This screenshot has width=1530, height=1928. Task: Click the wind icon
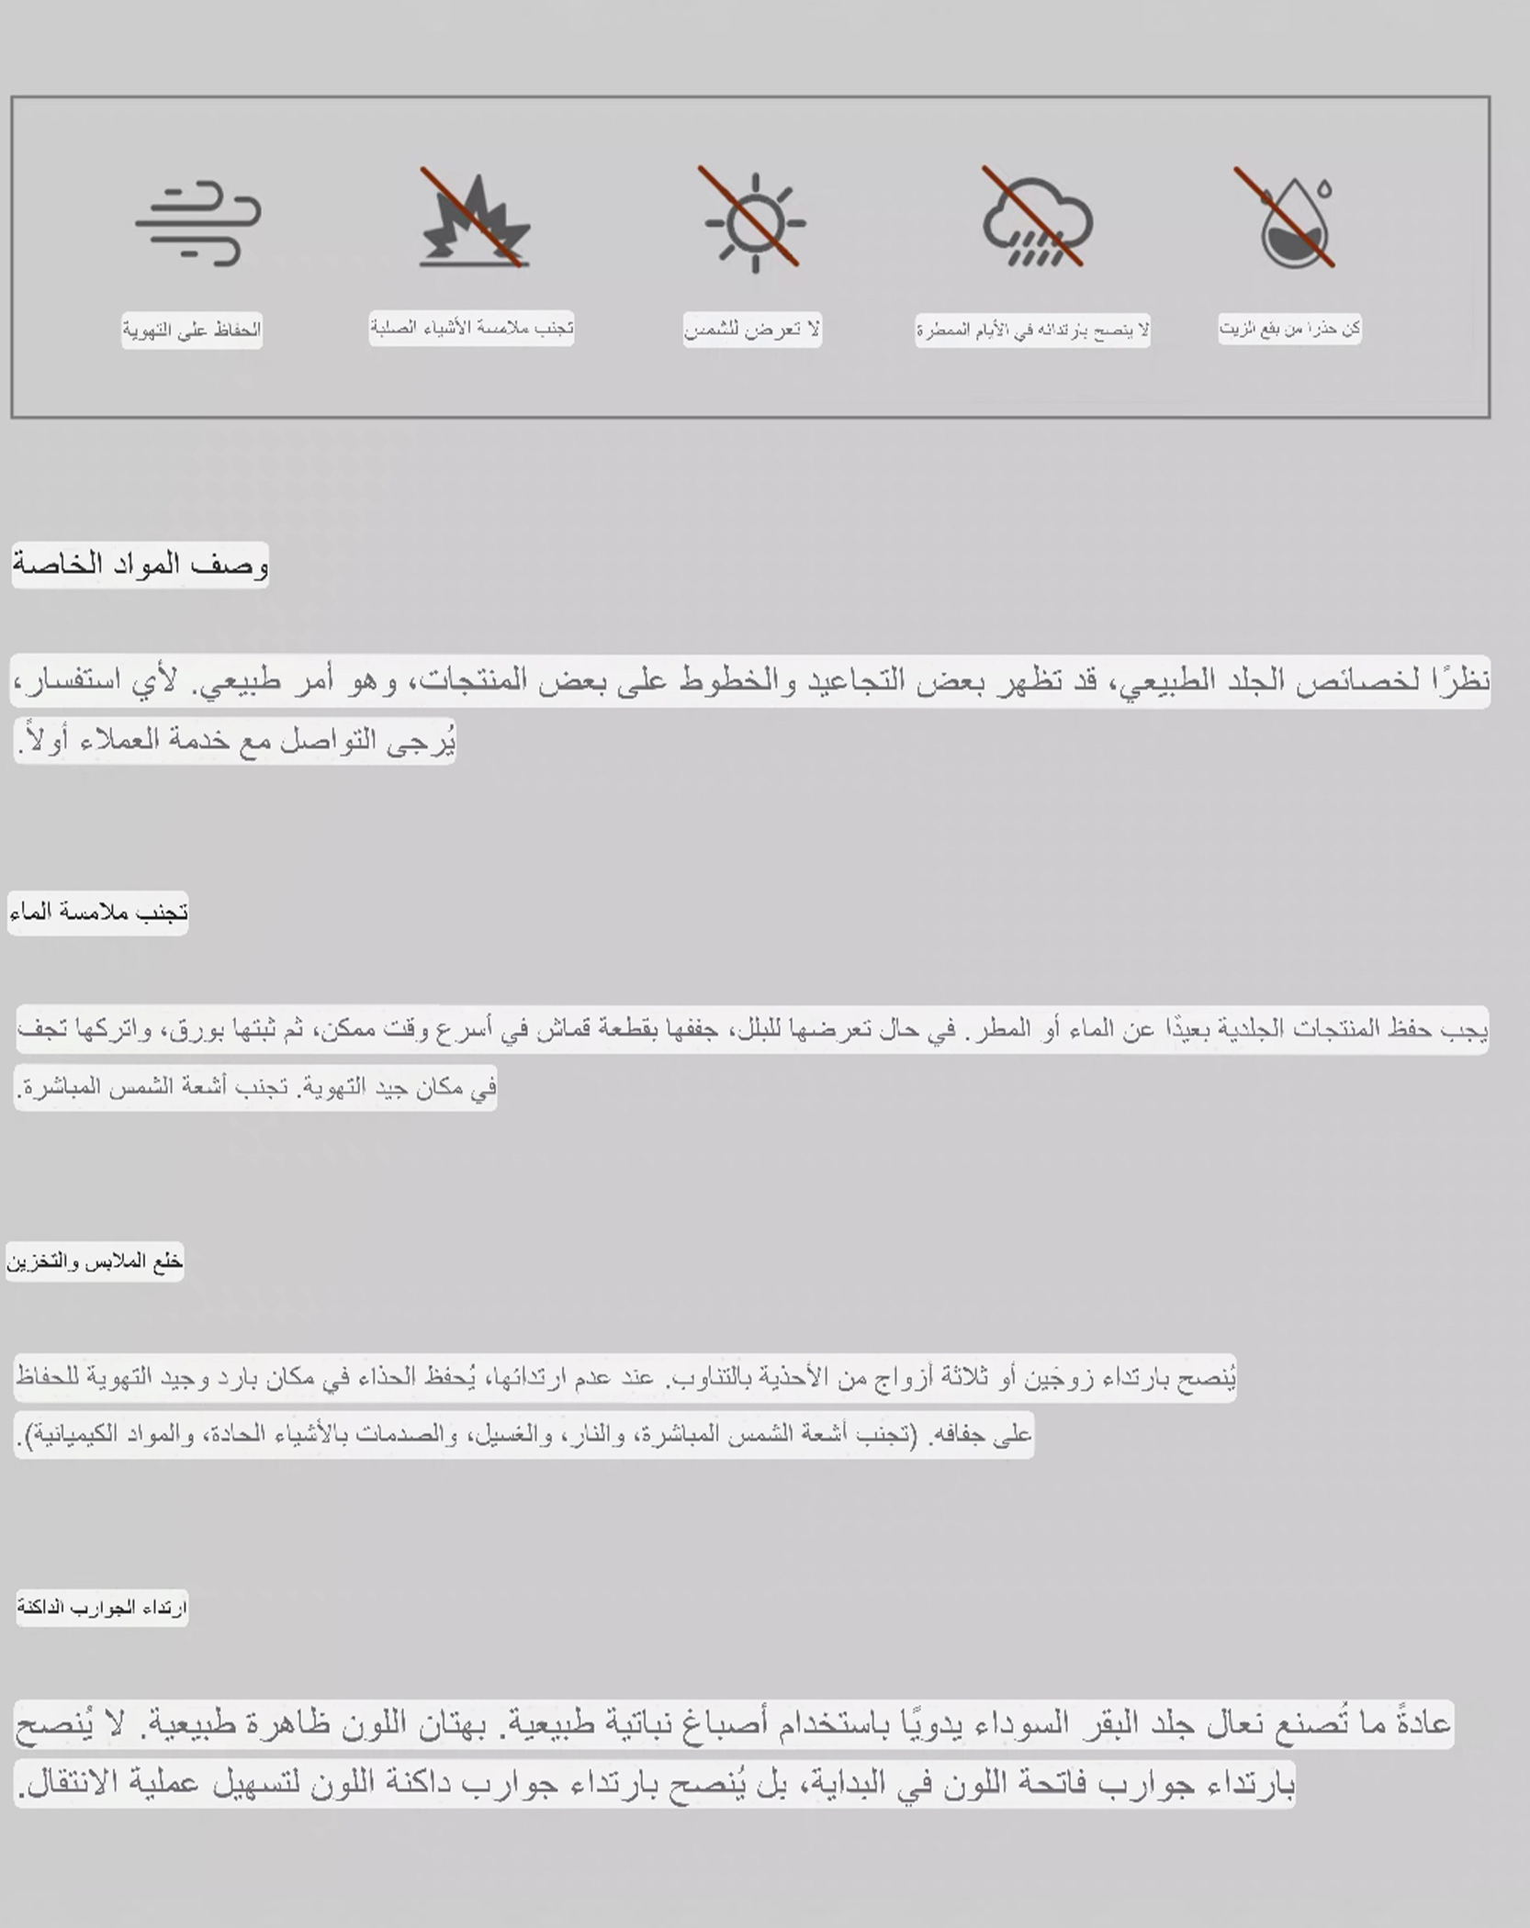click(198, 223)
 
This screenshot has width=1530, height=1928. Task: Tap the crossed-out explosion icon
click(474, 220)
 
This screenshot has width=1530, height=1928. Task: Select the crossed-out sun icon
click(754, 221)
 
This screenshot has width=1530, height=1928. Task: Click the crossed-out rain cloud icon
click(1036, 220)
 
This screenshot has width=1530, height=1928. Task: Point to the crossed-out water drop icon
click(1291, 220)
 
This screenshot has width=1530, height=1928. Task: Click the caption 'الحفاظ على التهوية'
click(192, 330)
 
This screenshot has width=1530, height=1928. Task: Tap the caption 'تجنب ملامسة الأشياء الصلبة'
click(471, 328)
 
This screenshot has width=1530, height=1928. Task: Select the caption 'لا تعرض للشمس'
click(752, 329)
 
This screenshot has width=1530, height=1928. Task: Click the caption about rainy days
click(1032, 330)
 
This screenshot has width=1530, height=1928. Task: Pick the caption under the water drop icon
click(1289, 328)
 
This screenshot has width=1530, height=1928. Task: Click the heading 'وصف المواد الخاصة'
click(140, 565)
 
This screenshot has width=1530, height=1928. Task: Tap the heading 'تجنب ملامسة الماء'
click(98, 913)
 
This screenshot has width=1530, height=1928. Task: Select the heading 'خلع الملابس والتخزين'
click(95, 1261)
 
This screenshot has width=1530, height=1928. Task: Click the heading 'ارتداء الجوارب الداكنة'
click(102, 1608)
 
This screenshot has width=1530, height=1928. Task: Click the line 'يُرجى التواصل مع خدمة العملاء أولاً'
click(235, 740)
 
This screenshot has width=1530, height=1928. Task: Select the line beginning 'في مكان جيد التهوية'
click(255, 1088)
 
